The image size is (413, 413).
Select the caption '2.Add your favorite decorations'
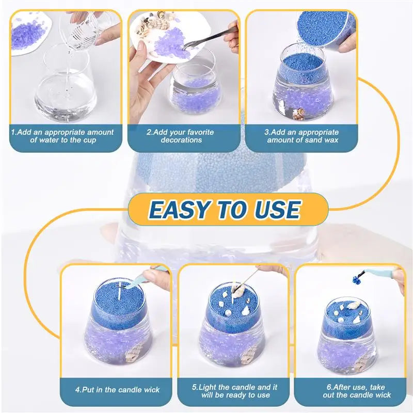(x=180, y=136)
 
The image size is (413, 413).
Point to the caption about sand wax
(x=303, y=136)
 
